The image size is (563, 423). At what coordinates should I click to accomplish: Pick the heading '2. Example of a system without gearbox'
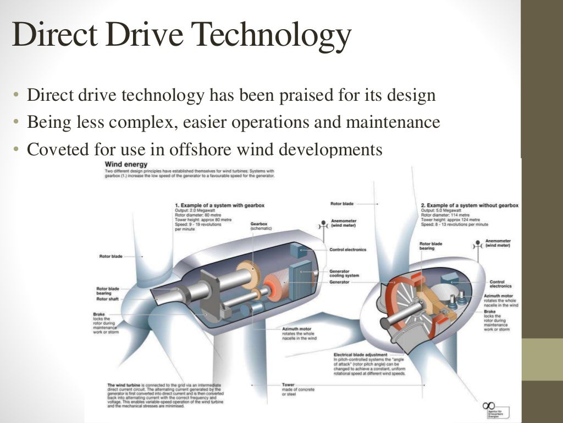click(x=470, y=205)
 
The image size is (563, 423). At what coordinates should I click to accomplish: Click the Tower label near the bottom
click(x=288, y=384)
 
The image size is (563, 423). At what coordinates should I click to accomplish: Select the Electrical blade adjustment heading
click(x=360, y=354)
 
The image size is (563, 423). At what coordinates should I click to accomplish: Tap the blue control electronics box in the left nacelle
click(x=301, y=251)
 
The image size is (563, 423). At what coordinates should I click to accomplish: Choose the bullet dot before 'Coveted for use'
click(x=16, y=150)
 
